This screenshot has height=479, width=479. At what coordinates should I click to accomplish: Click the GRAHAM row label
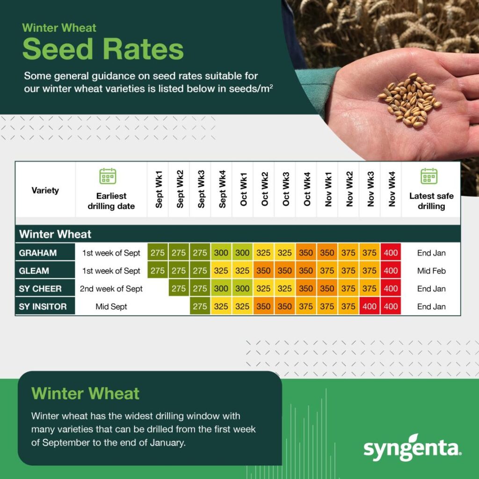point(38,253)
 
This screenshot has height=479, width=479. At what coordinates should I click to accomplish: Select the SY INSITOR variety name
point(43,307)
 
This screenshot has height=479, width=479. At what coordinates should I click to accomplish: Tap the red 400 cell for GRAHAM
point(391,253)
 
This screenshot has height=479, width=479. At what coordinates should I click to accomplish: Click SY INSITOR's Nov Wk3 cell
point(370,307)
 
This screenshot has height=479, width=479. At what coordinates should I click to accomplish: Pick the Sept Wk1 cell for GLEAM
point(157,271)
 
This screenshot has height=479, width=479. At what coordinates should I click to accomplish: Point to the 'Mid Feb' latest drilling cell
point(431,271)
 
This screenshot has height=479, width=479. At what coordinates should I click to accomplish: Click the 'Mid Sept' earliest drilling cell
point(111,307)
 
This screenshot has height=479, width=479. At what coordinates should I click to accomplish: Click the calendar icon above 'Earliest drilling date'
point(108,176)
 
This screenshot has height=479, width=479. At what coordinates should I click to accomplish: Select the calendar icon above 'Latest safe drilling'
point(429,176)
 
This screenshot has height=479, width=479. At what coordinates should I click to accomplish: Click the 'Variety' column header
point(45,190)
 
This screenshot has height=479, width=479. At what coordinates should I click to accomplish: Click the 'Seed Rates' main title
point(103,50)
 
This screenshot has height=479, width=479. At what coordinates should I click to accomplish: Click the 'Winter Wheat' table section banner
point(55,234)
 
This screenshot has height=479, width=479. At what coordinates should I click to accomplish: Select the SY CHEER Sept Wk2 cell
point(179,289)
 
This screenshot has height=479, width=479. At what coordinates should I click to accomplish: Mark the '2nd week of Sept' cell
point(111,289)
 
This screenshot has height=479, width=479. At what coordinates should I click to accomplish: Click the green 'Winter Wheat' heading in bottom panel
point(85,393)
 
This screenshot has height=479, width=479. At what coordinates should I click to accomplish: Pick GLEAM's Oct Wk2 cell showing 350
point(263,271)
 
